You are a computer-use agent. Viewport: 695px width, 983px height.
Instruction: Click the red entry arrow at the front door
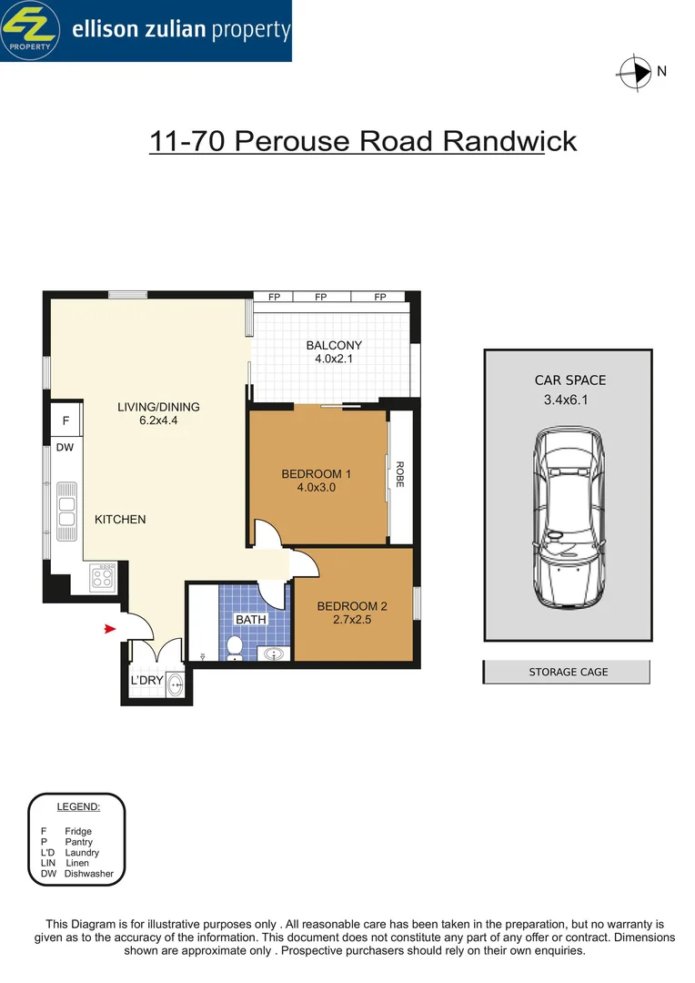point(109,628)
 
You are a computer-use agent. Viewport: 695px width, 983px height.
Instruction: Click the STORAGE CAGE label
point(568,672)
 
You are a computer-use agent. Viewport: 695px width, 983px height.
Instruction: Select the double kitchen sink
point(66,505)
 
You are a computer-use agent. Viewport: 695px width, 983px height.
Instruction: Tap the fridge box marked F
point(65,421)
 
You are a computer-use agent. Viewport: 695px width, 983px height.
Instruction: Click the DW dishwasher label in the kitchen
point(65,448)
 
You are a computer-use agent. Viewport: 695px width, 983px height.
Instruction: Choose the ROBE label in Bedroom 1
point(398,475)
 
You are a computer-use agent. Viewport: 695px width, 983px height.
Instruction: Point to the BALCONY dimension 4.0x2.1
point(334,359)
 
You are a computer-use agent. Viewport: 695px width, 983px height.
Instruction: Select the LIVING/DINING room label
point(158,407)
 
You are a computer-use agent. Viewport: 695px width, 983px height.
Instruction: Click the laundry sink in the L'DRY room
point(176,685)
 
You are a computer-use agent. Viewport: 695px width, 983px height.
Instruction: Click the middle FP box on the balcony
point(321,297)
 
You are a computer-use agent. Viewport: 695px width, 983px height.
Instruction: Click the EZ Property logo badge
point(32,30)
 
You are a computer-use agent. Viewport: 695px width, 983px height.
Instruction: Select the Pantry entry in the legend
point(66,842)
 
